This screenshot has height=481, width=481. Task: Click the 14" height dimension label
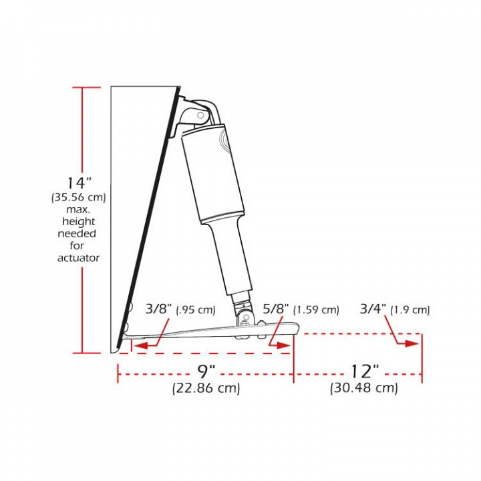(x=78, y=182)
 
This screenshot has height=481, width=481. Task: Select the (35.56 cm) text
(x=78, y=198)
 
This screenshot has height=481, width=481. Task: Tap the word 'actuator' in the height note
(x=78, y=258)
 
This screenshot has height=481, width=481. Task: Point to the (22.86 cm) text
(x=206, y=388)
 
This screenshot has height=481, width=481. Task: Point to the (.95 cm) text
(x=196, y=310)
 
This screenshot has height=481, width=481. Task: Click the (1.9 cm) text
(x=410, y=310)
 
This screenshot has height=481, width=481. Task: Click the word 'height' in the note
(x=78, y=222)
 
